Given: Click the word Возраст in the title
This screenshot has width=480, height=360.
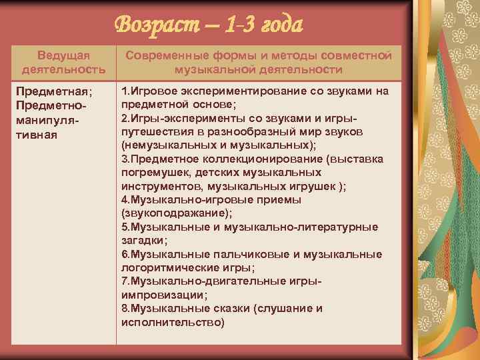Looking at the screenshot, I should coord(155,25).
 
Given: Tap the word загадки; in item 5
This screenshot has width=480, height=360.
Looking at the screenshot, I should coord(144,240).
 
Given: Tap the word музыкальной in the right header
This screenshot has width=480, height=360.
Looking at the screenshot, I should coord(207,69).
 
